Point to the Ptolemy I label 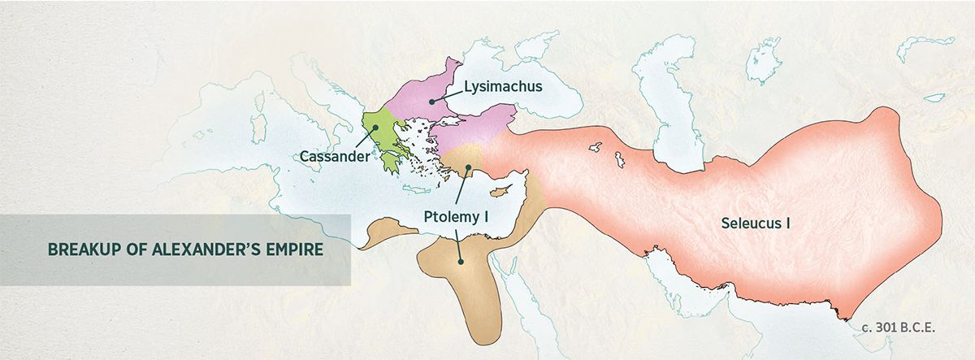[461, 218]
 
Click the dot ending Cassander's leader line [376, 127]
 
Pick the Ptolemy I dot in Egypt [461, 262]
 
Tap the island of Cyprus [506, 190]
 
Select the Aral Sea [763, 61]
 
